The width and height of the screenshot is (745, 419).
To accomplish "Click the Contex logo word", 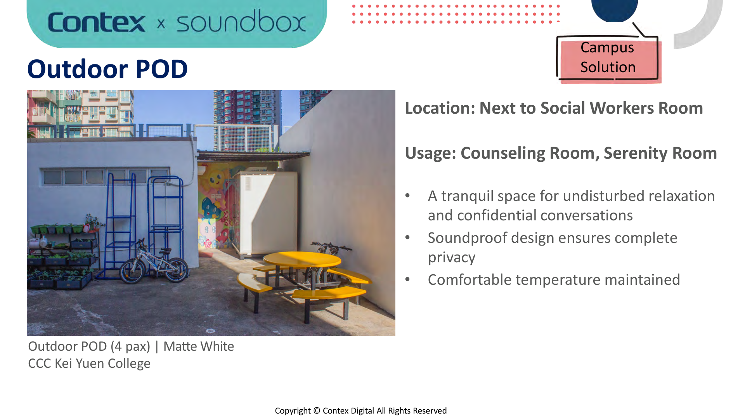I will [96, 23].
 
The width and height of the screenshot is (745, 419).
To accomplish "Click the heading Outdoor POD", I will [107, 69].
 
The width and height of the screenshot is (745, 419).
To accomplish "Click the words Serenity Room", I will [660, 153].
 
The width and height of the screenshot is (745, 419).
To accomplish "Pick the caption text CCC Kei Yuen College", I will [89, 364].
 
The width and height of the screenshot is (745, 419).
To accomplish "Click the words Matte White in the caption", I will [198, 346].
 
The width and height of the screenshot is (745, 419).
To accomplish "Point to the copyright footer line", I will [361, 411].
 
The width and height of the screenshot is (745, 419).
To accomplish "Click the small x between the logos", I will [161, 24].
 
